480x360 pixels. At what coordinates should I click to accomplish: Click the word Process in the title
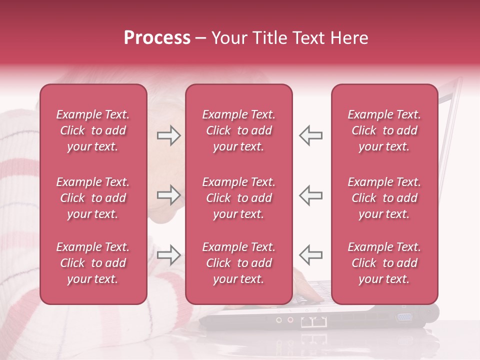tap(157, 38)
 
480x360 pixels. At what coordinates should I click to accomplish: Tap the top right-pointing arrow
tap(168, 135)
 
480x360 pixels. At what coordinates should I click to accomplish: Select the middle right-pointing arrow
tap(168, 195)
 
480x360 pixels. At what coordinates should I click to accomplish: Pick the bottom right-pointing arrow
tap(168, 255)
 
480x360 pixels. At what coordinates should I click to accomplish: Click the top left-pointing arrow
tap(310, 135)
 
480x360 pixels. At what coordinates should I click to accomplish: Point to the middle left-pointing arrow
tap(310, 195)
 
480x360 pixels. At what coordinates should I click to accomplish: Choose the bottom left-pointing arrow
tap(310, 255)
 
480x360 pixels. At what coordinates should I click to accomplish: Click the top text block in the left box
tap(93, 130)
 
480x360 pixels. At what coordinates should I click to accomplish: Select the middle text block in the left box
tap(93, 198)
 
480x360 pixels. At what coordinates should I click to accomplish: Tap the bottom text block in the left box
tap(93, 263)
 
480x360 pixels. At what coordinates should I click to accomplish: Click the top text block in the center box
tap(238, 130)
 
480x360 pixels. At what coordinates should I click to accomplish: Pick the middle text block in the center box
tap(238, 198)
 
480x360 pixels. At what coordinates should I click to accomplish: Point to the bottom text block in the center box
tap(238, 263)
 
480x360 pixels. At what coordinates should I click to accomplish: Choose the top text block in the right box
tap(384, 130)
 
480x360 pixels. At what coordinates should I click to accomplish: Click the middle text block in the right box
tap(384, 198)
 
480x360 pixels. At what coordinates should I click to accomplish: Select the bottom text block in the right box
tap(384, 263)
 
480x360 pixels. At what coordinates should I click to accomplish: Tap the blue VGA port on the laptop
tap(404, 317)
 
